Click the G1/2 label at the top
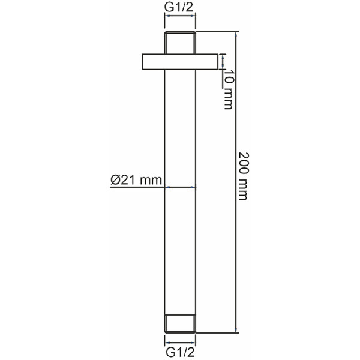click(x=180, y=8)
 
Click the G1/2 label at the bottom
click(x=180, y=351)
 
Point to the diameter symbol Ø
click(x=114, y=179)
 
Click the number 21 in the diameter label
click(x=125, y=179)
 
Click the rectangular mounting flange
click(x=180, y=62)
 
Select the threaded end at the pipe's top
click(x=180, y=41)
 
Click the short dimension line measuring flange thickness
click(x=223, y=62)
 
